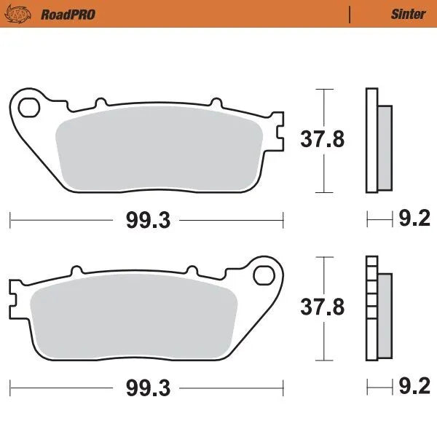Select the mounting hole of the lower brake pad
(x=263, y=275)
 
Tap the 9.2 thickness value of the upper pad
(x=416, y=219)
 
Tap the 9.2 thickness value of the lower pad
(x=416, y=387)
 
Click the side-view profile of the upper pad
(x=377, y=141)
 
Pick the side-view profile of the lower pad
(x=377, y=309)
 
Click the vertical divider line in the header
(x=350, y=14)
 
